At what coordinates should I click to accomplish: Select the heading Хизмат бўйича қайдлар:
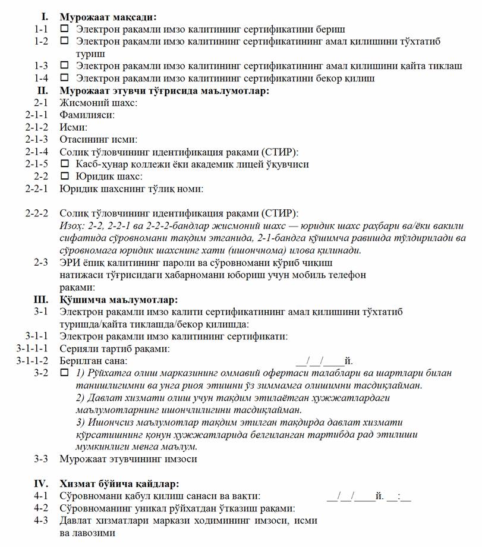[x=119, y=484]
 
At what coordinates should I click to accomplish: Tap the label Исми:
[x=74, y=127]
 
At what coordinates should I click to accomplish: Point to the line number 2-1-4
[x=37, y=152]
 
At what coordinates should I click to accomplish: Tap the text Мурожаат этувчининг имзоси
[x=128, y=459]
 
